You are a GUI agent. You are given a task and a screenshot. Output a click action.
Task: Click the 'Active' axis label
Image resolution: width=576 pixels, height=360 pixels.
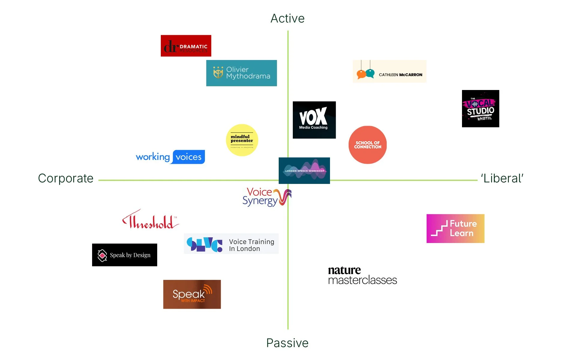coord(287,19)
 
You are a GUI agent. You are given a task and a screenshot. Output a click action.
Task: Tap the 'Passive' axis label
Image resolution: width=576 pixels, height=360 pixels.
coord(287,343)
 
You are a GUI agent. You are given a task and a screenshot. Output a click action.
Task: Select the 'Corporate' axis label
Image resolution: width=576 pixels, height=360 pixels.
coord(66,178)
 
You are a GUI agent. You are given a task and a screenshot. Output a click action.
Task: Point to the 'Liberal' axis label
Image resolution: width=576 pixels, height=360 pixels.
coord(502,178)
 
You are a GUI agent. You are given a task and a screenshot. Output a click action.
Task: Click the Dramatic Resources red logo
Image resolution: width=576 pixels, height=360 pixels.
coord(186,46)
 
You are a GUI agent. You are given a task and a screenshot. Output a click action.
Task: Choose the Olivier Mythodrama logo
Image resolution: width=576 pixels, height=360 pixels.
coord(241,73)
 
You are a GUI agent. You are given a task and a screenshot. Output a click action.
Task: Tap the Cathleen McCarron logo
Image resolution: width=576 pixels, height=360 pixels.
coord(389,71)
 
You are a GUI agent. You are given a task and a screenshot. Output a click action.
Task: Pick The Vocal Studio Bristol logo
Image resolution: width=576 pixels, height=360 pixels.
coord(480,109)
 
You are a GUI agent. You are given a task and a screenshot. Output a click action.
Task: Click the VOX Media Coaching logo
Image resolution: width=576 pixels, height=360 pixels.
coord(314,120)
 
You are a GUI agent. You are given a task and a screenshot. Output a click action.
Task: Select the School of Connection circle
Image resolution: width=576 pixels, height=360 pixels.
coord(367,145)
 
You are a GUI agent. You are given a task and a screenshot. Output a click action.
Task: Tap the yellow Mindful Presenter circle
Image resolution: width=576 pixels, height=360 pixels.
coord(242,140)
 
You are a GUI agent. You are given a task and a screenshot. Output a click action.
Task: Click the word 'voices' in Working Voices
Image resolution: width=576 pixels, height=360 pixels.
coord(188,157)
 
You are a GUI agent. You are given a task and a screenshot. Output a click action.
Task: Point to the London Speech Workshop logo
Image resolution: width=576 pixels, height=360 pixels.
coord(304,170)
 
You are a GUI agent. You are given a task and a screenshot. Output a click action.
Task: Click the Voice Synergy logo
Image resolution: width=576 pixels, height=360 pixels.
coord(266,197)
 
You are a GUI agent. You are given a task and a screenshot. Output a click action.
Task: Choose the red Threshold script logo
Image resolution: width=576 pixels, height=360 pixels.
coord(150,220)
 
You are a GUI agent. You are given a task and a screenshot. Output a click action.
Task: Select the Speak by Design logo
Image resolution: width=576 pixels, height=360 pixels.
coord(124,255)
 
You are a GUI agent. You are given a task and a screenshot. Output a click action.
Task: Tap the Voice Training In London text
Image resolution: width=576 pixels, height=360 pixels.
coord(251,245)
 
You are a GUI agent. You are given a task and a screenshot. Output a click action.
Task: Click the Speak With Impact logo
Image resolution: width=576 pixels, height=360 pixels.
coord(192,294)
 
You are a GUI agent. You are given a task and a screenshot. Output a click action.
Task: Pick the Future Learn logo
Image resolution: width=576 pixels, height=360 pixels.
coord(455,229)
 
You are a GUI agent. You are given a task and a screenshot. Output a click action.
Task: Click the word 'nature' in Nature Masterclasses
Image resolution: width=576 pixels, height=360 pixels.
coord(344,270)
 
